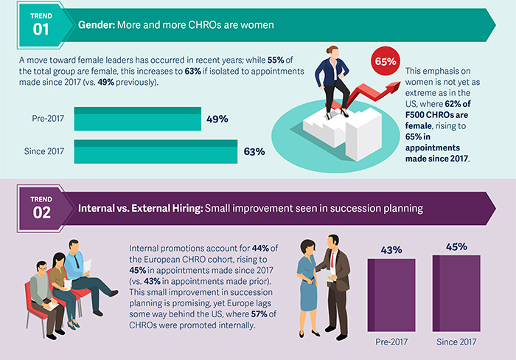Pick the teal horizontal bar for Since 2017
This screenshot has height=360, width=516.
point(154,152)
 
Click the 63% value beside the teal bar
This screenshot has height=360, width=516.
point(254,152)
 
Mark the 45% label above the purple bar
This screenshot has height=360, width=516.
point(456,246)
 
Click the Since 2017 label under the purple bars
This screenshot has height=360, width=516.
point(456,342)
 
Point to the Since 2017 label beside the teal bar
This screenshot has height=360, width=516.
point(42,152)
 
